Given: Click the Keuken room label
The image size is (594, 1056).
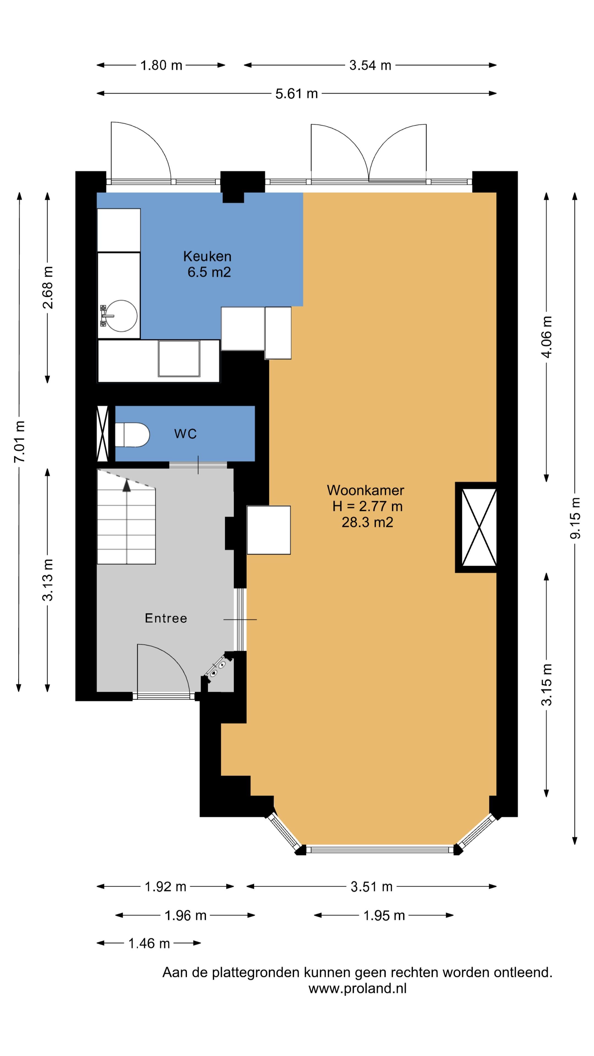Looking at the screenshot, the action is point(207,256).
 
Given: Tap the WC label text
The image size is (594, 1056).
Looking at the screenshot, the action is point(185,434).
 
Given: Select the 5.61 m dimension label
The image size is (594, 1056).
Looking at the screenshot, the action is point(296,94).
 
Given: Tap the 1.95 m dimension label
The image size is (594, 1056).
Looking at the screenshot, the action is point(384,915).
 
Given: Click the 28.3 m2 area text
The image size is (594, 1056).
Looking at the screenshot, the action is point(367,522).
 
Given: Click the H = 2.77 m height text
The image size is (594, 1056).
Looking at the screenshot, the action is point(367,506).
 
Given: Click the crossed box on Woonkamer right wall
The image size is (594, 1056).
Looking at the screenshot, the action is point(479,527).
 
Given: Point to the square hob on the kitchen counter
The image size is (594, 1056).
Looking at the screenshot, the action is point(179,358).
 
